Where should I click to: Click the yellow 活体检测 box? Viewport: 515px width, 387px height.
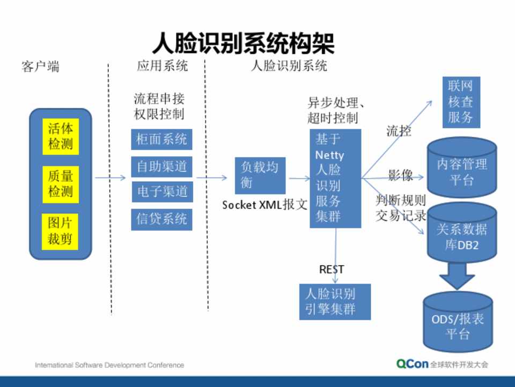click(x=60, y=137)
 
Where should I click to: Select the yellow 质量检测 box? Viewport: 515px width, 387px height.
click(x=60, y=184)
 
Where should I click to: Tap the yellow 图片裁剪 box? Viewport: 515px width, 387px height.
click(x=60, y=231)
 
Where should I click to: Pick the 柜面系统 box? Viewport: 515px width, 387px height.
click(x=161, y=140)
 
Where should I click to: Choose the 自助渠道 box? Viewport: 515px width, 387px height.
click(x=161, y=167)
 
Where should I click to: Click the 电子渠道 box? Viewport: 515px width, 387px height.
click(x=161, y=191)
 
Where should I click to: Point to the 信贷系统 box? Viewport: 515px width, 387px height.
click(x=161, y=219)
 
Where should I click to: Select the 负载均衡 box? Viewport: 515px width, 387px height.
click(x=260, y=175)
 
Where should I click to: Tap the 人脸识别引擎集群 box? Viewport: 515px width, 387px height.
click(x=335, y=301)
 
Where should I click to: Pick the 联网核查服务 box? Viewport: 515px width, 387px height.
click(x=460, y=103)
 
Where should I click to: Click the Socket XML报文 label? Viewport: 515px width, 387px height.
click(x=265, y=205)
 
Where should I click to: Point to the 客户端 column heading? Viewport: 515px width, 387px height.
click(x=40, y=67)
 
